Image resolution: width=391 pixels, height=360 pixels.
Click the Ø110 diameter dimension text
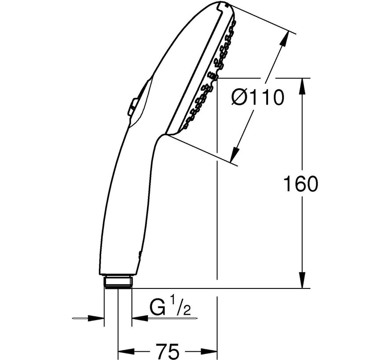[257, 97]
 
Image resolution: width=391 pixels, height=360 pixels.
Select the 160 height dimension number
[301, 184]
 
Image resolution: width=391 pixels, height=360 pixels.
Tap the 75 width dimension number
[167, 351]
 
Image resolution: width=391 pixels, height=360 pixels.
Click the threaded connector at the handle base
[118, 282]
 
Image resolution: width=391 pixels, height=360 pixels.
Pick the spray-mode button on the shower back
[132, 107]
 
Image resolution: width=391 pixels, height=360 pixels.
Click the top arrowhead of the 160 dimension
[303, 86]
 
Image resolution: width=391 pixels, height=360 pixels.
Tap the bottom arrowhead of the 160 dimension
[303, 280]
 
